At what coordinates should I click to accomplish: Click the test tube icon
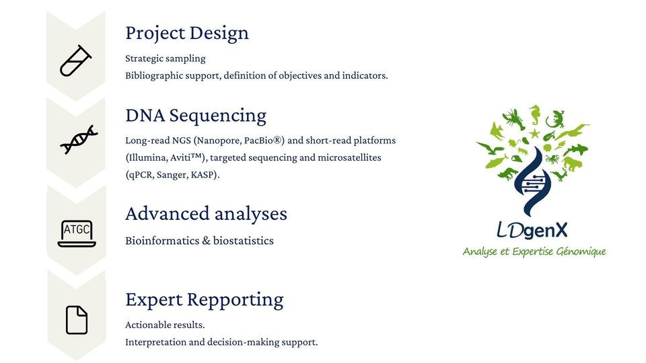[75, 61]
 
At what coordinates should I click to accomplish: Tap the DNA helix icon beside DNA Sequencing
[79, 140]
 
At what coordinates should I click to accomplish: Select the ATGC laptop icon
[77, 233]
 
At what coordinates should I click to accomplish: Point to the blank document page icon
[77, 320]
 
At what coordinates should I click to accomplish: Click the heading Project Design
[187, 34]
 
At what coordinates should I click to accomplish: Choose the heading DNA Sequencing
[196, 116]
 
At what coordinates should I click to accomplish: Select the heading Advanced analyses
[206, 214]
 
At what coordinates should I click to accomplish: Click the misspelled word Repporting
[236, 300]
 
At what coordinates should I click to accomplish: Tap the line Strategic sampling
[166, 59]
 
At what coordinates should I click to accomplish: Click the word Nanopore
[218, 140]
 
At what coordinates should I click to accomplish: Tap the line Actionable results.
[165, 325]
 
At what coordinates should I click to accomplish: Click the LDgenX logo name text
[532, 231]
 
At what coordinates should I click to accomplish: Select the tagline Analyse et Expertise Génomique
[534, 251]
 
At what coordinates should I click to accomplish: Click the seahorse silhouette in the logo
[534, 115]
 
